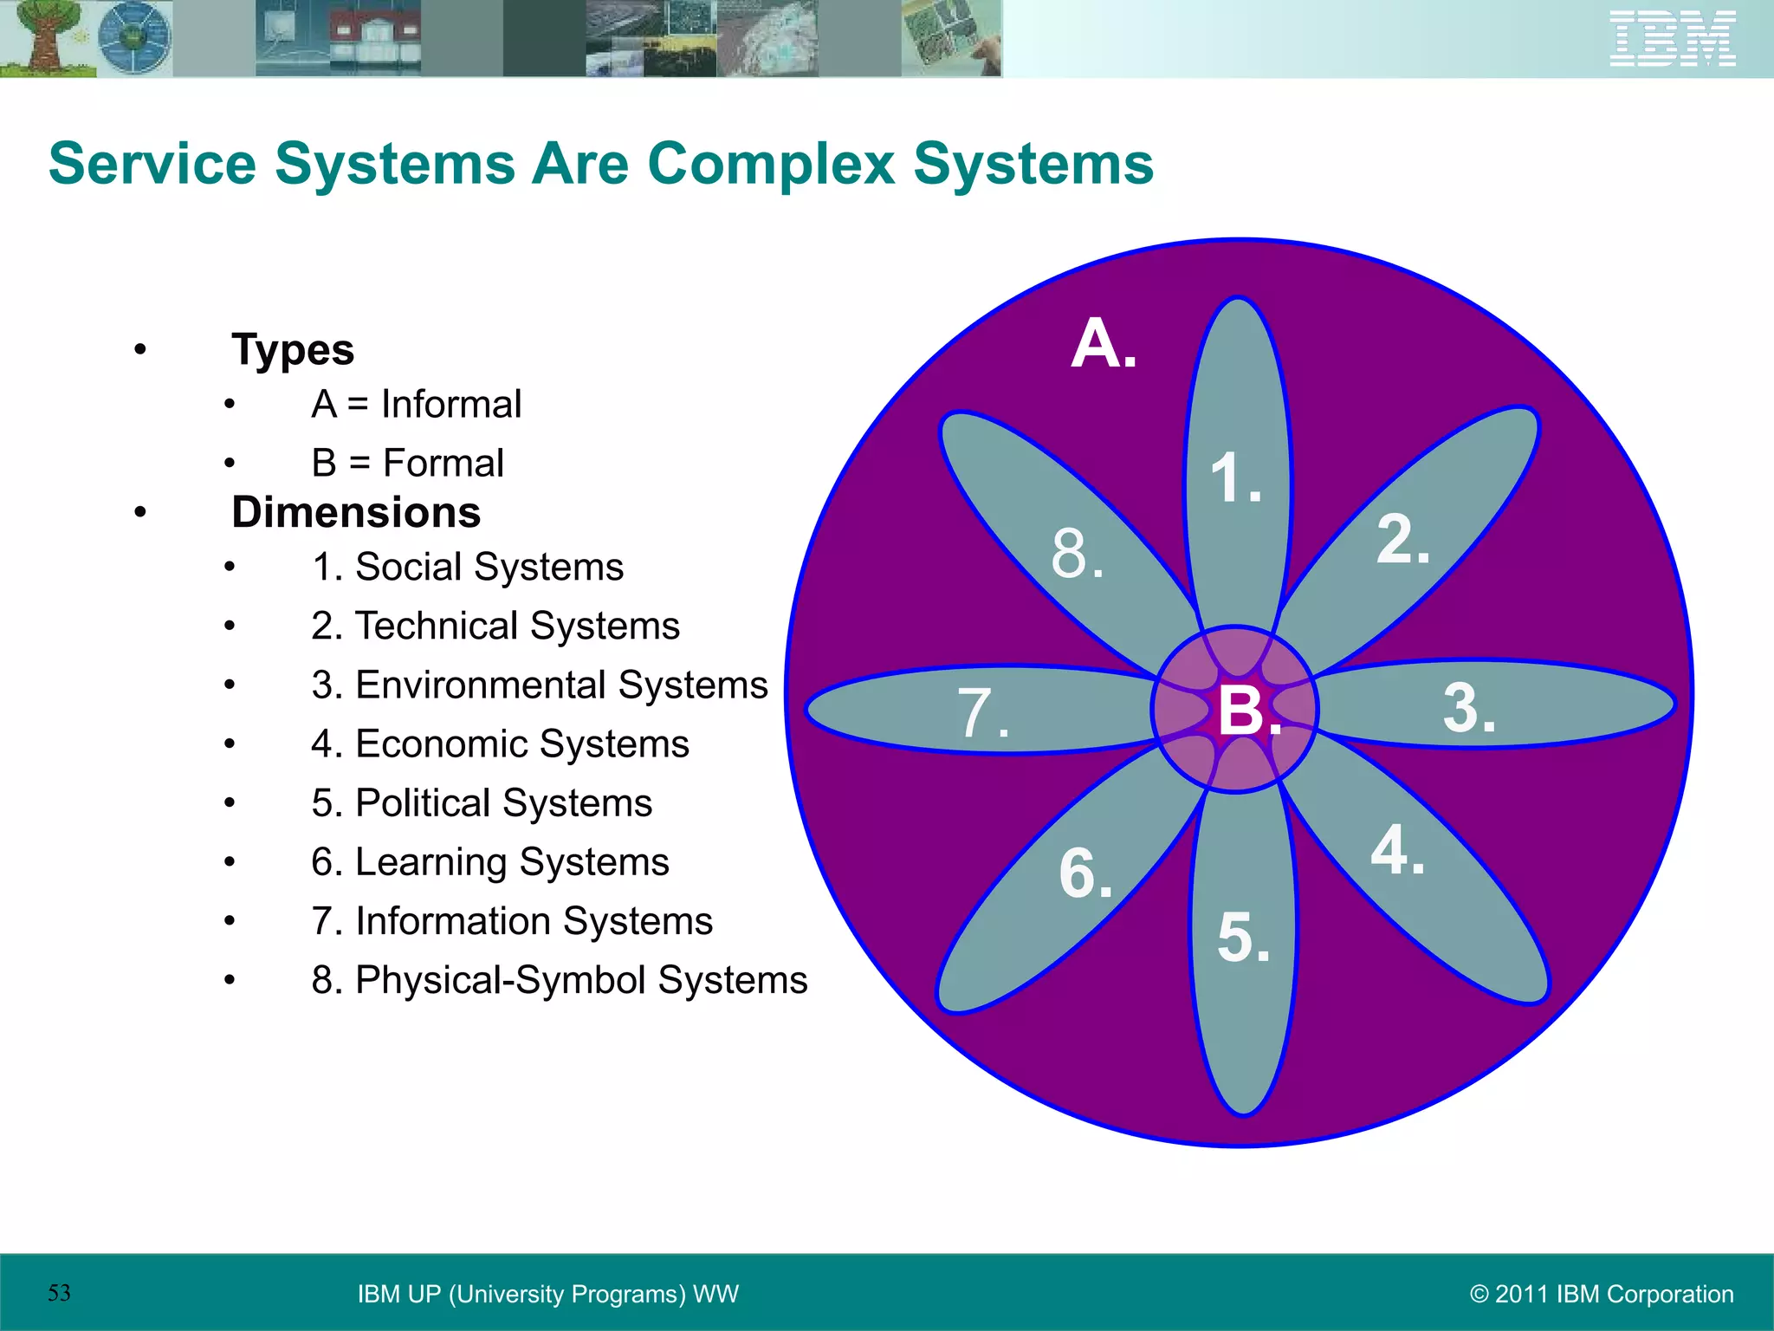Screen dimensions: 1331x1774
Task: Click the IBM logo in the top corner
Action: pyautogui.click(x=1672, y=38)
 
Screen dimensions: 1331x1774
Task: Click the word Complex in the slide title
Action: pyautogui.click(x=770, y=164)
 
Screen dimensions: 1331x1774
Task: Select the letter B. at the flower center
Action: pyautogui.click(x=1247, y=711)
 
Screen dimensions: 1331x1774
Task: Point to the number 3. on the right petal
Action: pyautogui.click(x=1468, y=708)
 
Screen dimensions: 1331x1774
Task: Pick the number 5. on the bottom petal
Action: pyautogui.click(x=1243, y=938)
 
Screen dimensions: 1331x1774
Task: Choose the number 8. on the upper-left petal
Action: pyautogui.click(x=1077, y=554)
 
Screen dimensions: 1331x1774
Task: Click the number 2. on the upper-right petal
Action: pyautogui.click(x=1402, y=540)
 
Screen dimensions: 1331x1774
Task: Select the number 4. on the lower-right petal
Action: pyautogui.click(x=1396, y=850)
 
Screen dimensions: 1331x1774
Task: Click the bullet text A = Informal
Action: pyautogui.click(x=416, y=405)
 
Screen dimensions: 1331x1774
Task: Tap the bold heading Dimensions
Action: pyautogui.click(x=356, y=512)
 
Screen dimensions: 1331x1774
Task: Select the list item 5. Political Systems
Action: pyautogui.click(x=482, y=803)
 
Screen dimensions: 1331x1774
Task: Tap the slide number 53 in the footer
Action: pyautogui.click(x=59, y=1293)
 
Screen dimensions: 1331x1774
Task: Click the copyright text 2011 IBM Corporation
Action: pyautogui.click(x=1602, y=1294)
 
